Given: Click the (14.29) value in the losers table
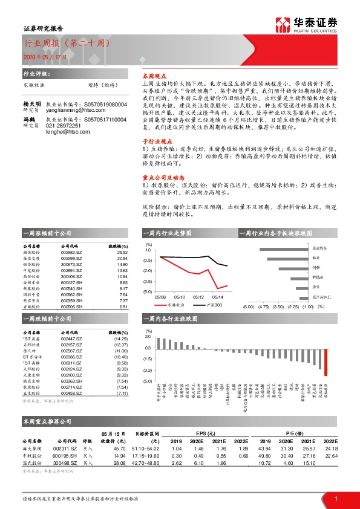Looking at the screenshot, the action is coord(120,340).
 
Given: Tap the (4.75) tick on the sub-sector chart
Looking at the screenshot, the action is coord(263,306).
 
